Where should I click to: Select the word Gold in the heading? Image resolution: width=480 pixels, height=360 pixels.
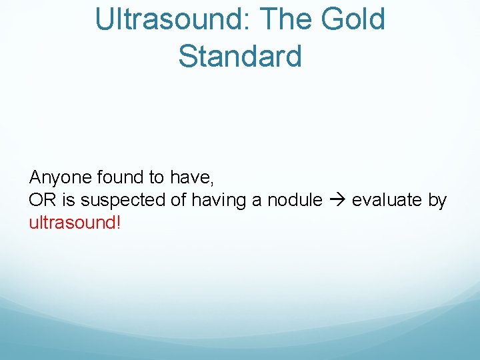(x=355, y=19)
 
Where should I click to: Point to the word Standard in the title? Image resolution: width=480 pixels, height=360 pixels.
(x=240, y=56)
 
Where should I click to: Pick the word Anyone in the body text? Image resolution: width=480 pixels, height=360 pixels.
(x=61, y=177)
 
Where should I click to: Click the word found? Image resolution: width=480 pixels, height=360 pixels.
(x=120, y=177)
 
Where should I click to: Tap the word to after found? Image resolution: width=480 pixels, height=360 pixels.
(x=157, y=177)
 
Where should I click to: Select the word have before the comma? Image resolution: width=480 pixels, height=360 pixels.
(x=189, y=177)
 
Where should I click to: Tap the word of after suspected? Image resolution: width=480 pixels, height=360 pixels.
(x=181, y=200)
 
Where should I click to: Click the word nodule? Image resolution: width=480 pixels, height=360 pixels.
(x=294, y=200)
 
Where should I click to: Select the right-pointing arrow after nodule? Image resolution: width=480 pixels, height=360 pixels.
(x=337, y=200)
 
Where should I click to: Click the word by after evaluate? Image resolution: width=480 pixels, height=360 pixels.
(x=437, y=200)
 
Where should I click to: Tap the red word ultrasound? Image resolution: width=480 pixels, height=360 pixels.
(x=71, y=222)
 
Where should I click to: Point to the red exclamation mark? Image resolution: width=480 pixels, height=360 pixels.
(x=118, y=222)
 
